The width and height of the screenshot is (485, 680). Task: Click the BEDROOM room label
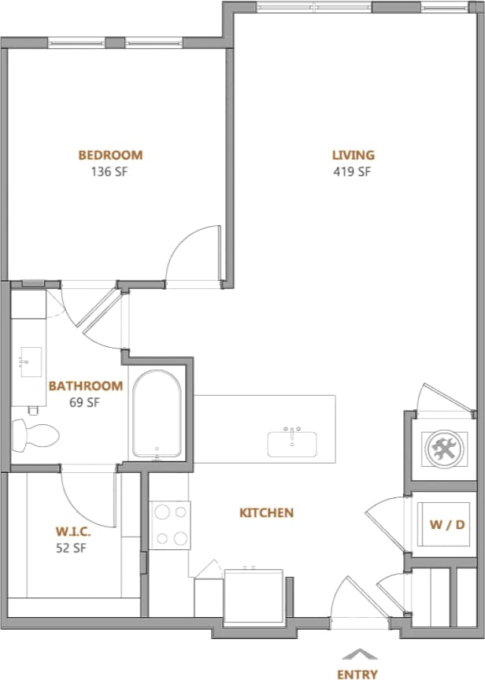tap(110, 155)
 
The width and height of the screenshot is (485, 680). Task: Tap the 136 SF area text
tap(110, 172)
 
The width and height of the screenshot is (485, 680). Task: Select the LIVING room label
tap(352, 155)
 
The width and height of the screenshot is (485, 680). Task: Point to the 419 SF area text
tap(352, 172)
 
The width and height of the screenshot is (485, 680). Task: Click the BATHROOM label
tap(85, 386)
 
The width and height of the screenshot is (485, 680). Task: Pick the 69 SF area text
tap(85, 403)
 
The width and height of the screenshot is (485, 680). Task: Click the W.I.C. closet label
tap(71, 530)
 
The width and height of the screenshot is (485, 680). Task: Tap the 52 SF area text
tap(71, 548)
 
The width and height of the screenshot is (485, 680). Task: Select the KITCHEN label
tap(266, 513)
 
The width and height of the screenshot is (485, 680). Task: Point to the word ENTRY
tap(357, 674)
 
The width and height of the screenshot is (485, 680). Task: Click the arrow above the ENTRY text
tap(358, 653)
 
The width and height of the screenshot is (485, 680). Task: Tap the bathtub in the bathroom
tap(157, 414)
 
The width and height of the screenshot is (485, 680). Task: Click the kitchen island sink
tap(293, 442)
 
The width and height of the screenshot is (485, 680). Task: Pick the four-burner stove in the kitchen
tap(171, 525)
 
